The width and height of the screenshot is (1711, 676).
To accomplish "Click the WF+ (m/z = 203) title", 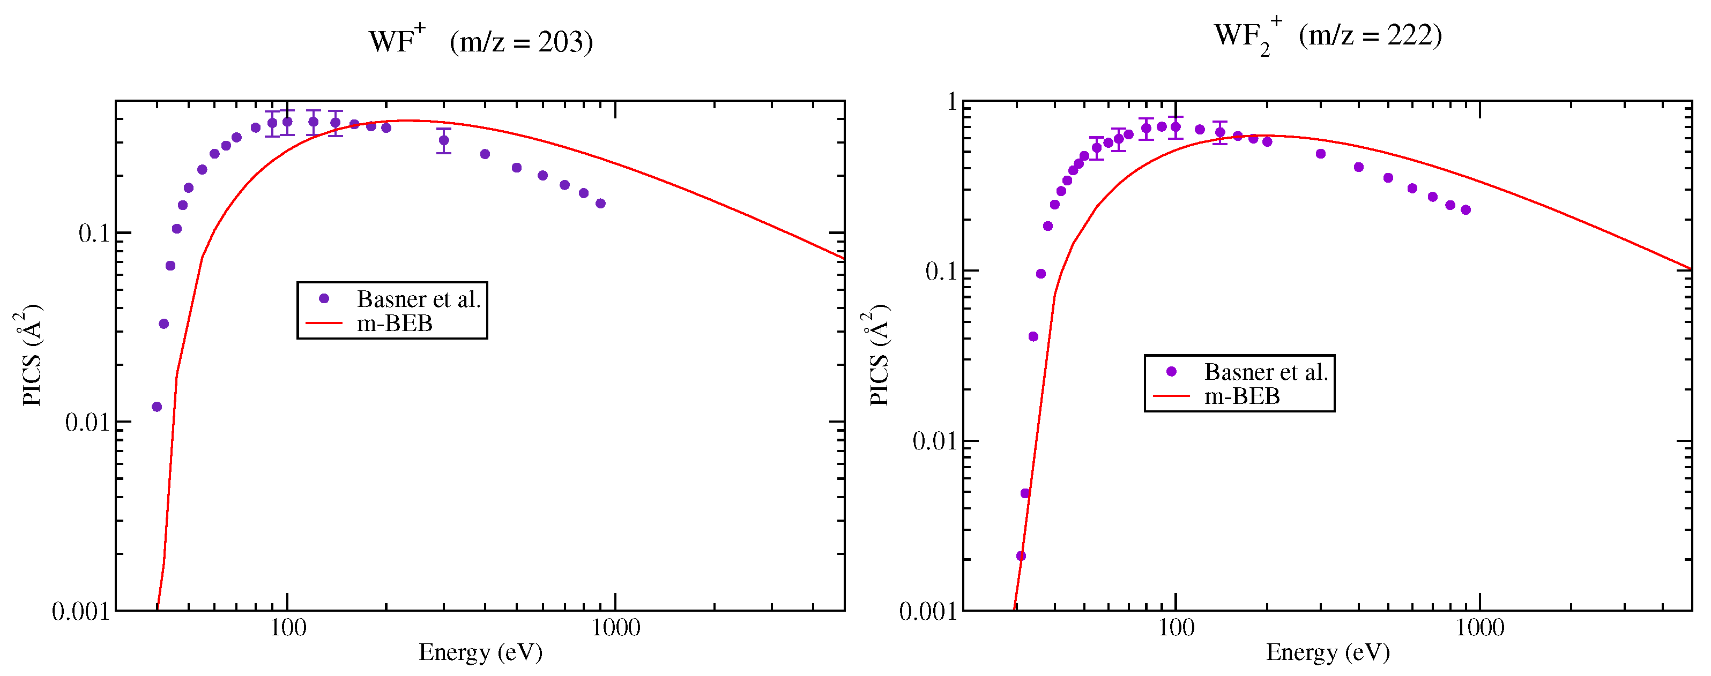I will coord(481,42).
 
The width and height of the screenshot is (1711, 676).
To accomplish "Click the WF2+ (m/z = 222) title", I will coord(1327,36).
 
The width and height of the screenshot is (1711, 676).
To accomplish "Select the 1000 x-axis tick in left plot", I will coord(616,628).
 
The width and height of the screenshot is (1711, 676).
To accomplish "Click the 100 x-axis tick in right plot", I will coord(1176,628).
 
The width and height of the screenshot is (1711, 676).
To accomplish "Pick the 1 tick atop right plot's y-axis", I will coord(952,102).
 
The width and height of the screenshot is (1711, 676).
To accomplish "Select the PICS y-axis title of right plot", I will coord(878,355).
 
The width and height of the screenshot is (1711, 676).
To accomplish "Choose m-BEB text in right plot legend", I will coord(1241,396).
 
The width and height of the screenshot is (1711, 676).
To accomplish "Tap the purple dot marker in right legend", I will coord(1171,372).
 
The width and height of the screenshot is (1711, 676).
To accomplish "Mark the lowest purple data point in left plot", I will coord(157,407).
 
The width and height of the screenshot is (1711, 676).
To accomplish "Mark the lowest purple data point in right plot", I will coord(1021,556).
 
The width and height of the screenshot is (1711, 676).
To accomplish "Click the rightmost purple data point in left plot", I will coord(600,203).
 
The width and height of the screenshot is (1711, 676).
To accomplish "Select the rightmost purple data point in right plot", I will coord(1466,210).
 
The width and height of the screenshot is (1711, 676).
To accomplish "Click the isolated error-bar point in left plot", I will coord(444,140).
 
